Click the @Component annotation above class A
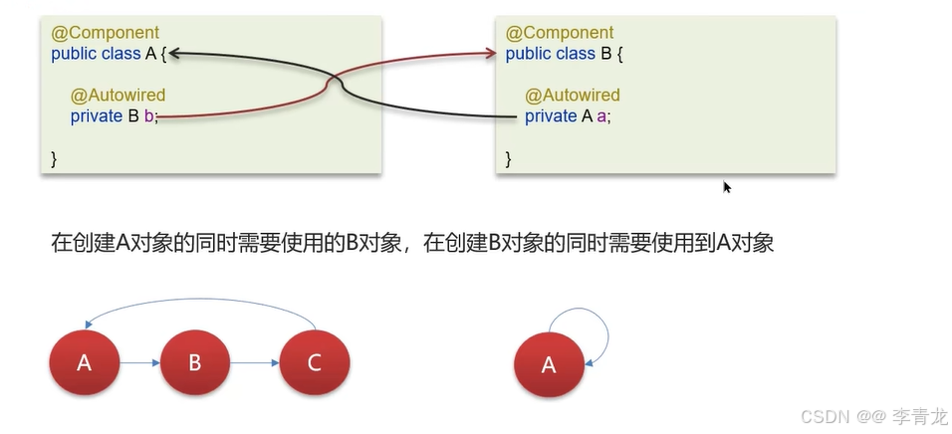(106, 33)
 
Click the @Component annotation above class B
(560, 33)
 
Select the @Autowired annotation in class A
(118, 96)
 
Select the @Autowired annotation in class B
(573, 96)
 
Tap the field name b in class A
(148, 116)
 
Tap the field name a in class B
(601, 116)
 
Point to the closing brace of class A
(54, 158)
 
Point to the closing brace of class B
(509, 158)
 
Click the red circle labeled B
(195, 362)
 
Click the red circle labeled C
(315, 362)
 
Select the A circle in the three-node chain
(85, 362)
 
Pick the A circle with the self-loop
(549, 365)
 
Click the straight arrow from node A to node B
(139, 363)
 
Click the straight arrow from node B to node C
(255, 363)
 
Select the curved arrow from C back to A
(199, 297)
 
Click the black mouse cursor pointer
(727, 187)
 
